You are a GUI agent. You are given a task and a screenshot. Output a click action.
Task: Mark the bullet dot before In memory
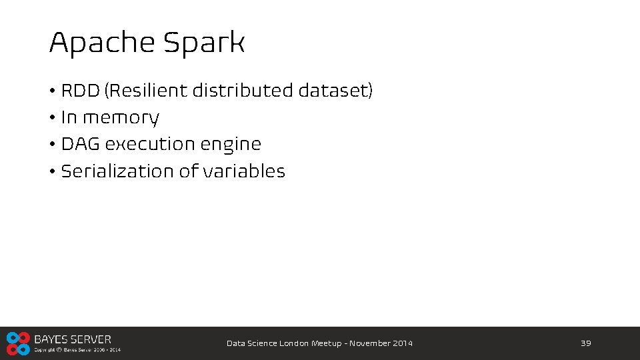coord(52,118)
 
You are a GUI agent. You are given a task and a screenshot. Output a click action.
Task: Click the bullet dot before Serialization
coord(52,171)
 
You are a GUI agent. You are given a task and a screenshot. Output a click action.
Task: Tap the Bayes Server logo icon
coord(18,343)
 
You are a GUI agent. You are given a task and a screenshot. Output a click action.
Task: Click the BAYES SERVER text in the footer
coord(73,339)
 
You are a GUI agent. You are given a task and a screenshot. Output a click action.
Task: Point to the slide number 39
coord(586,343)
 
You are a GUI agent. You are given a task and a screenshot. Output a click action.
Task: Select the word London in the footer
coord(294,343)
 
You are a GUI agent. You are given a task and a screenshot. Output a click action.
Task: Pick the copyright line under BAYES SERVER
coord(77,349)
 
